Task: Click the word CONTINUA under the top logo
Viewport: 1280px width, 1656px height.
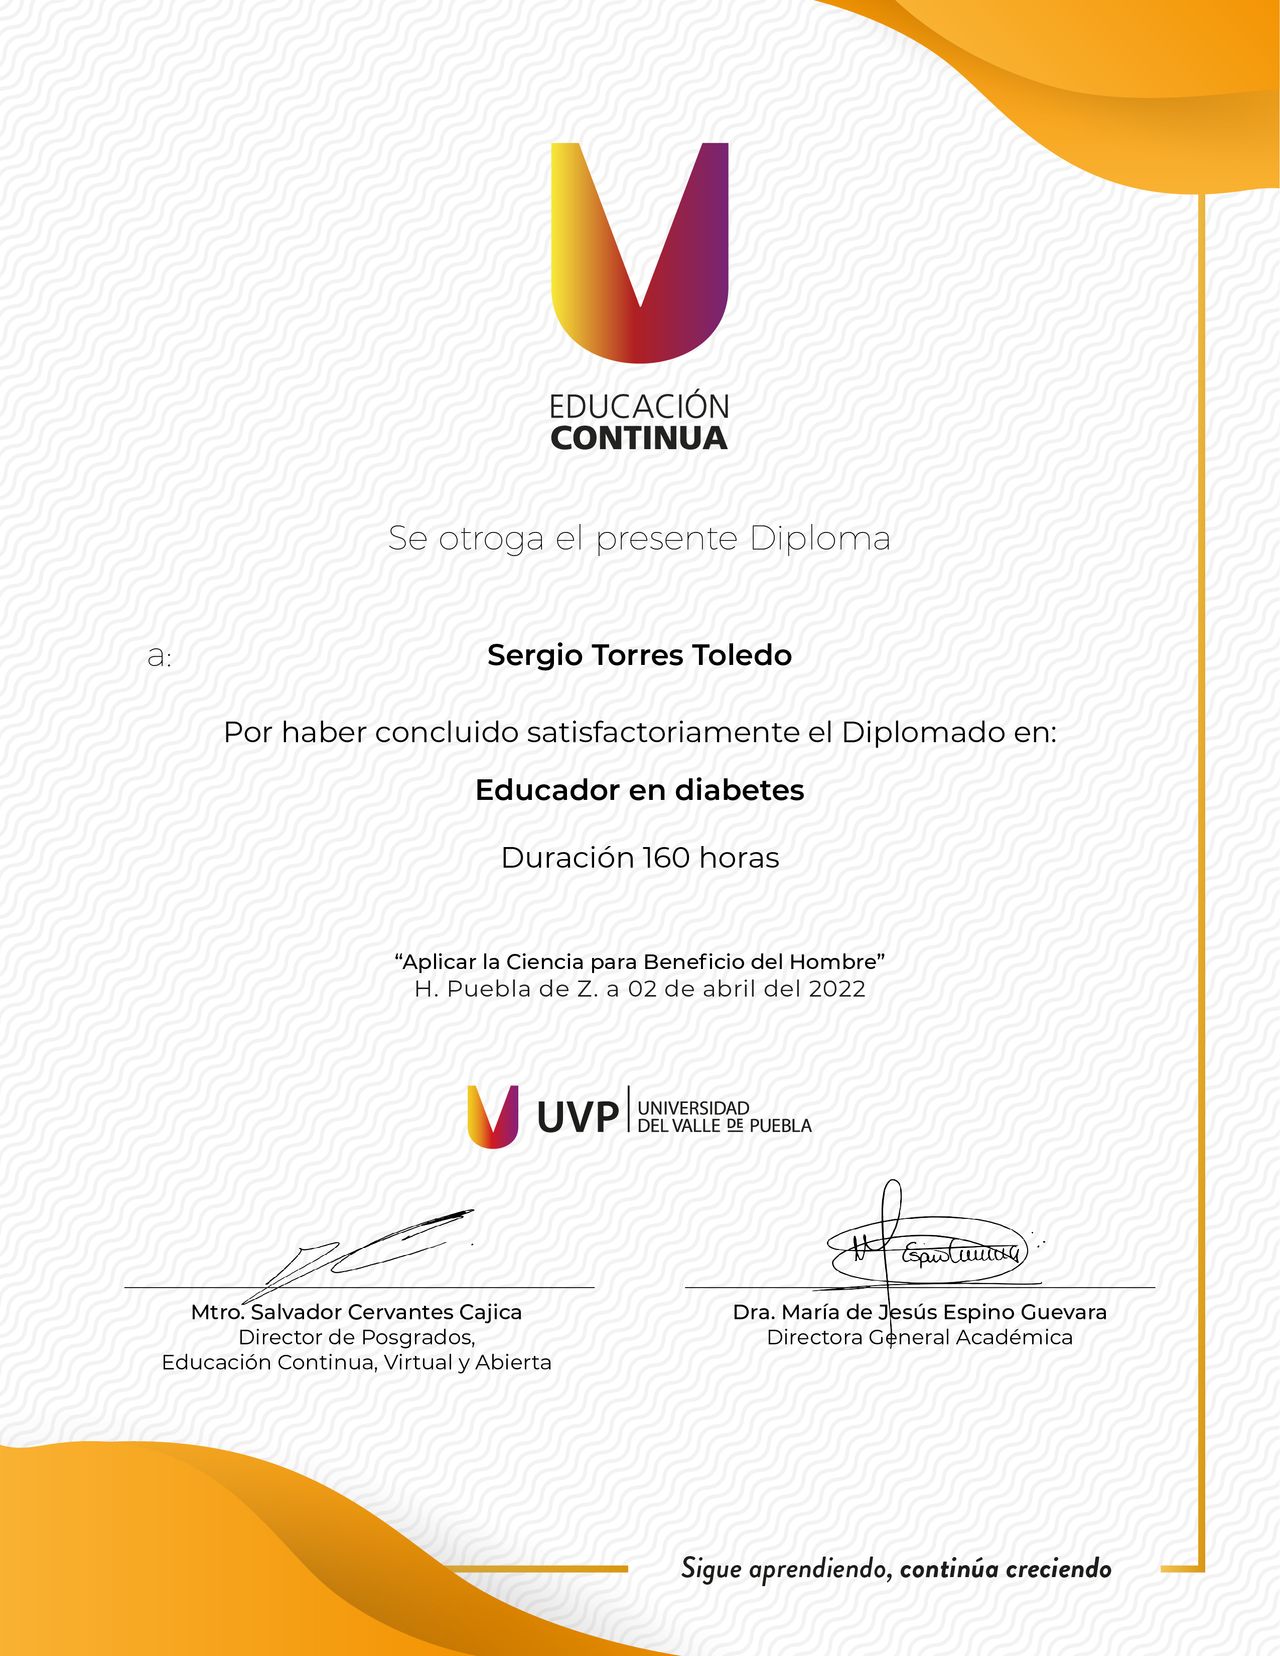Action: coord(639,438)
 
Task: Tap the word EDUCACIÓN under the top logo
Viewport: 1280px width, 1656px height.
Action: coord(639,406)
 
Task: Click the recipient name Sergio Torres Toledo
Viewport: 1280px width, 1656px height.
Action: coord(639,655)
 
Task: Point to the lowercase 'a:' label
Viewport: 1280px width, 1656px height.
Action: coord(159,657)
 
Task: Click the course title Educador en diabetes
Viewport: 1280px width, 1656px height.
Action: coord(639,790)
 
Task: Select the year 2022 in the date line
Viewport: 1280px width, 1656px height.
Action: coord(837,989)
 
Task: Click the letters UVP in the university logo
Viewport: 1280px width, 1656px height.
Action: coord(577,1117)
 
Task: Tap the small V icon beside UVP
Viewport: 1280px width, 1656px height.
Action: coord(493,1116)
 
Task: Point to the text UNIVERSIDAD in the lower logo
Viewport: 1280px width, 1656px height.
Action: coord(693,1108)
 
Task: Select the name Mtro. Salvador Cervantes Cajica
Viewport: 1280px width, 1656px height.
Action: coord(356,1312)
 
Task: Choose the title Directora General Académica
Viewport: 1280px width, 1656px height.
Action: coord(919,1338)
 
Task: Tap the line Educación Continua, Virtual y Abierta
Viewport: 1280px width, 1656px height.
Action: coord(356,1362)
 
